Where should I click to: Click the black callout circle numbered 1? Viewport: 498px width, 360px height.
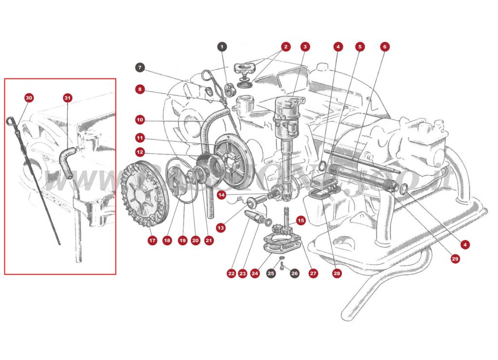222,47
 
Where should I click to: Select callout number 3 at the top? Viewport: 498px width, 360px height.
304,47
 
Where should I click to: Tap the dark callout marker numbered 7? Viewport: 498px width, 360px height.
140,67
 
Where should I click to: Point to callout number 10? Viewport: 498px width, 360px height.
140,119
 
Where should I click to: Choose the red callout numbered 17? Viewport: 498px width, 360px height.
152,240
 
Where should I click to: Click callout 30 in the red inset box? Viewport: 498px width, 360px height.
29,98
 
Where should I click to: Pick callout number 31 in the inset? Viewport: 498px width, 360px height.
68,98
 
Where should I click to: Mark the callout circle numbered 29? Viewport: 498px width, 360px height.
455,259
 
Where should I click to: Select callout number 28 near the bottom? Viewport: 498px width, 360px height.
337,274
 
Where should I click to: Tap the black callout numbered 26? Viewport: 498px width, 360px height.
295,274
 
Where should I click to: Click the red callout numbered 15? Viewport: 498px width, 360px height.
301,220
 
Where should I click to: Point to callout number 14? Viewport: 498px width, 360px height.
221,195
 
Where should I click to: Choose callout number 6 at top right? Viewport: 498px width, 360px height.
385,47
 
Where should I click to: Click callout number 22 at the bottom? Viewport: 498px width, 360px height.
231,274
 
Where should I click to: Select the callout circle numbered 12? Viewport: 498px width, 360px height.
140,152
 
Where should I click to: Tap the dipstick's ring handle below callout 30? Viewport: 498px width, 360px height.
11,121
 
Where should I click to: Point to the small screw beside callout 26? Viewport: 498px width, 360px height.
282,265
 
